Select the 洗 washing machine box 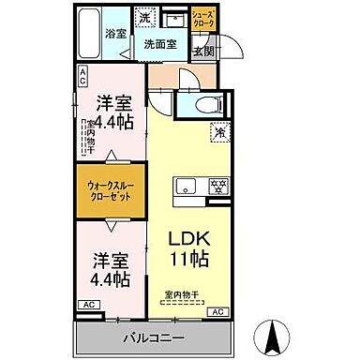[x=146, y=19]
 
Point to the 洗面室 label [x=159, y=43]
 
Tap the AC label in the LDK [x=218, y=311]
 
